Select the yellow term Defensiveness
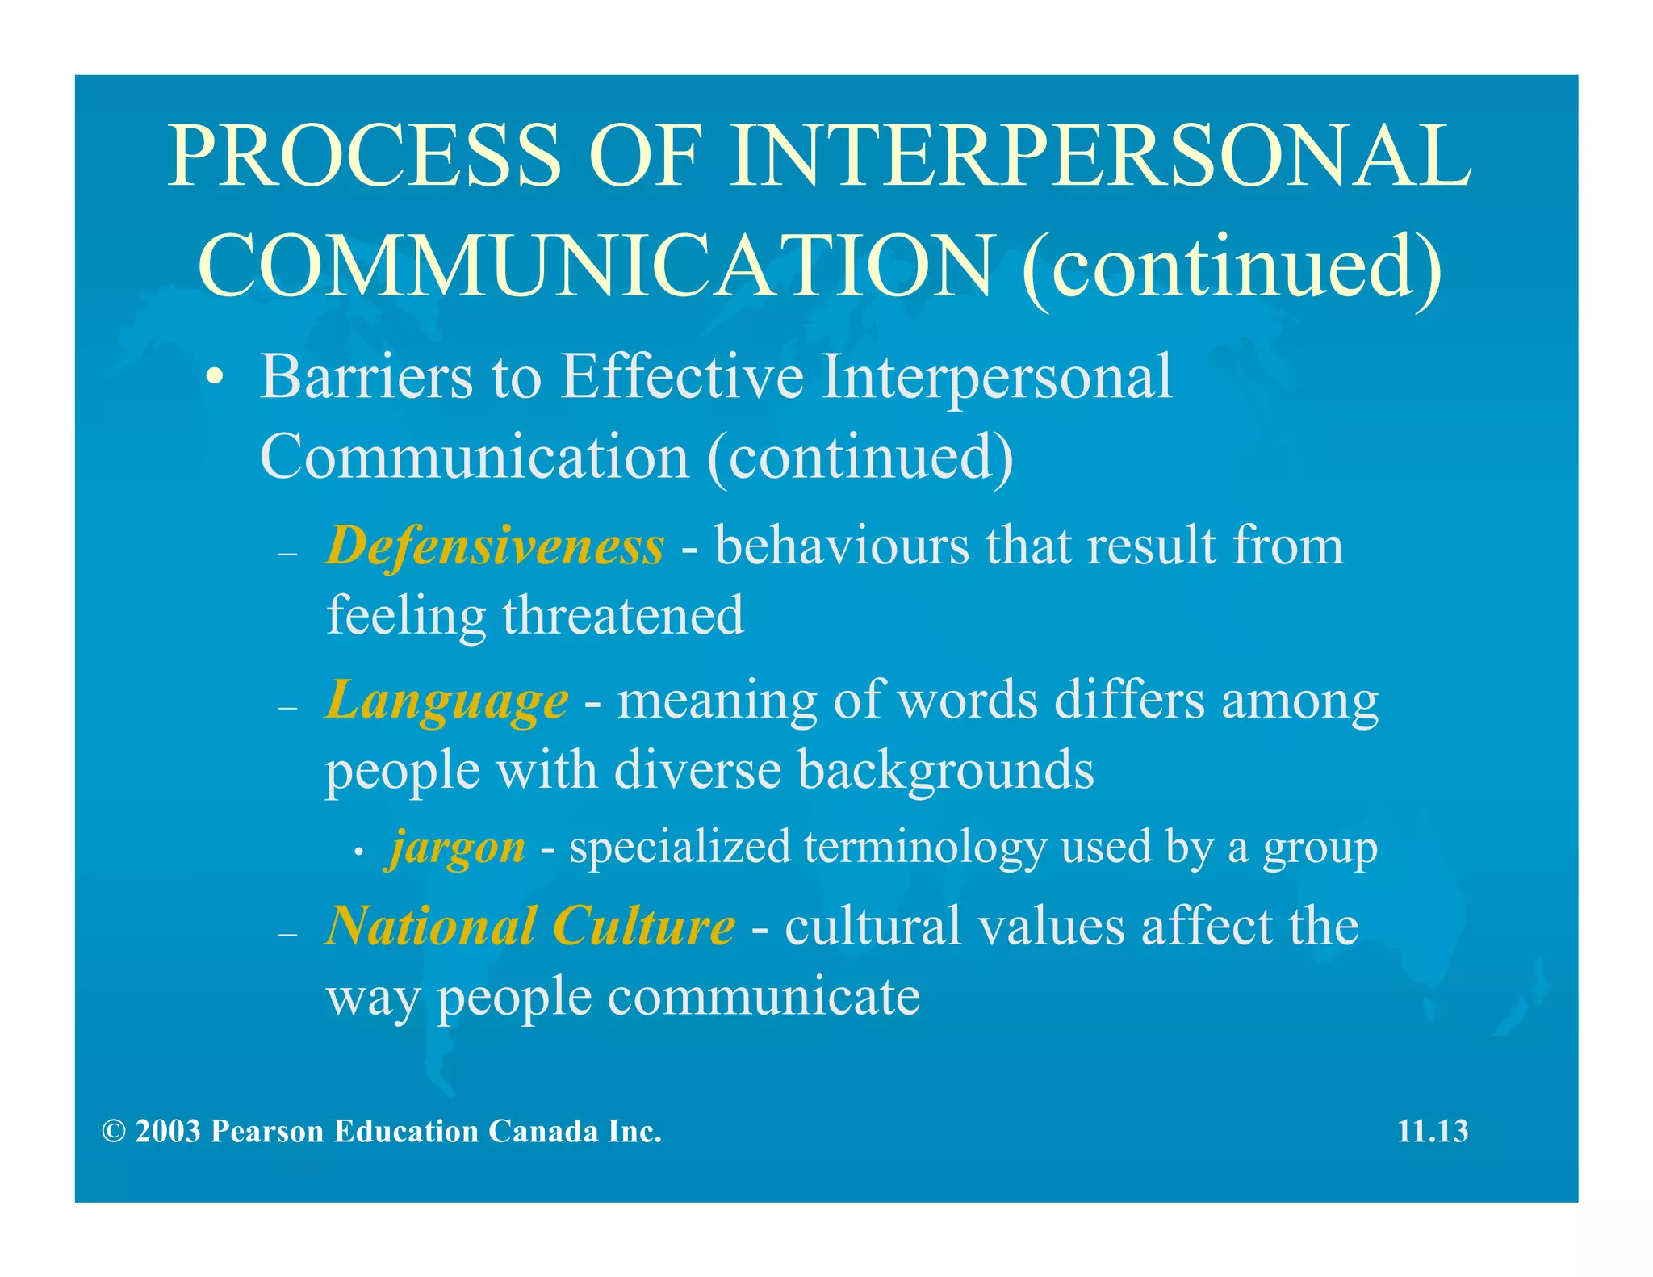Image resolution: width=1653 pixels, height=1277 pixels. tap(495, 546)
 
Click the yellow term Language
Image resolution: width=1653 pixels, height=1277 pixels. tap(446, 700)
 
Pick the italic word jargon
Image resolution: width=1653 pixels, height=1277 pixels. tap(457, 848)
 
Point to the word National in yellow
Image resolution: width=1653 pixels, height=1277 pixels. tap(431, 926)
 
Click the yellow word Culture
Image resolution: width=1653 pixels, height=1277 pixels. tap(643, 926)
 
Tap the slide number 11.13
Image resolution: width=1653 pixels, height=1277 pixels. tap(1432, 1131)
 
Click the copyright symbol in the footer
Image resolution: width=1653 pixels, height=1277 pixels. tap(113, 1132)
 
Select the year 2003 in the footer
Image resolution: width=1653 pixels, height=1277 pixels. tap(167, 1132)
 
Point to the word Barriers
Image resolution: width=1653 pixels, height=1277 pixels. tap(366, 378)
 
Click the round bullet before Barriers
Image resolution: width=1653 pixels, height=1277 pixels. tap(214, 379)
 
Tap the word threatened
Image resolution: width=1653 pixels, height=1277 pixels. tap(622, 616)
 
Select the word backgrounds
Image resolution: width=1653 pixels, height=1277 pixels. tap(945, 770)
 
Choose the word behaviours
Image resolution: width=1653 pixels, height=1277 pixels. tap(842, 546)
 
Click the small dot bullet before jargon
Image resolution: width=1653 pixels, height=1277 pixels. tap(360, 852)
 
